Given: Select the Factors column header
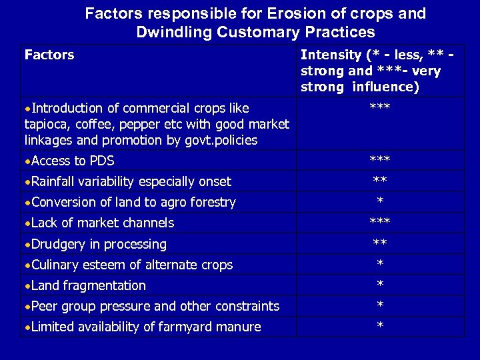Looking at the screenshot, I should point(49,55).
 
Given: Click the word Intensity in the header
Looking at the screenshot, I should point(333,55).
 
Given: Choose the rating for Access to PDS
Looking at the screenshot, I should point(380,160).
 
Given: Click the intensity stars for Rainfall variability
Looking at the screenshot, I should point(380,181).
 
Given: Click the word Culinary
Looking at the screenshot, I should point(55,265).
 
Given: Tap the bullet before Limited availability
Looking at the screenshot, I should point(27,327).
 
